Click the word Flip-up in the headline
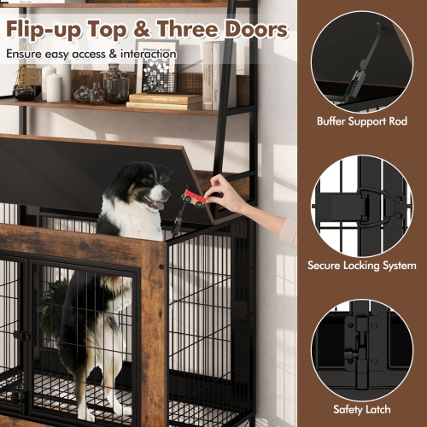coord(50,31)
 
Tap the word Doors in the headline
coord(251,31)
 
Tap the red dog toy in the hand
coord(194,198)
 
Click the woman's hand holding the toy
coord(225,190)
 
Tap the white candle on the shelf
coord(53,87)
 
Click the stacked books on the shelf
coord(167,102)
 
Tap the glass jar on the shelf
coord(115,85)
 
